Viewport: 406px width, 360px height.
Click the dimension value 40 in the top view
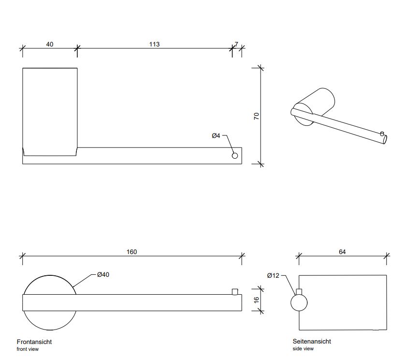coord(50,45)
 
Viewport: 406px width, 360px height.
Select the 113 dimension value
coord(154,45)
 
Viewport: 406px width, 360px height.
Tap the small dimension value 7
coord(236,45)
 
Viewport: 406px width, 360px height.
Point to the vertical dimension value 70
coord(257,116)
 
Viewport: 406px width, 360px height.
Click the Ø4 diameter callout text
coord(216,135)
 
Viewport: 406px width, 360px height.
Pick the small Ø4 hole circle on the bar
coord(235,156)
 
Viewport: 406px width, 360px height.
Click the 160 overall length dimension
coord(131,252)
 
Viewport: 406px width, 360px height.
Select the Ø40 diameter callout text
coord(103,275)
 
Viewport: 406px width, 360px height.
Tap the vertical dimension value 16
coord(257,300)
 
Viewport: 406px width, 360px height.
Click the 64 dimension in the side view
coord(342,252)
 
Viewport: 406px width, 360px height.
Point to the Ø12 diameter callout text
coord(274,275)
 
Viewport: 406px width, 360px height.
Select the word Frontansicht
coord(34,342)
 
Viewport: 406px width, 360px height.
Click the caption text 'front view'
coord(28,349)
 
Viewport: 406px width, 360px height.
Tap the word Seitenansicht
coord(312,342)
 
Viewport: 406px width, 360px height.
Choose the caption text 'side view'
coord(303,349)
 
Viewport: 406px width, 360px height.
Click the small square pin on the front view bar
coord(235,291)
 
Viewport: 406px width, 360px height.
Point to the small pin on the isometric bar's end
coord(382,134)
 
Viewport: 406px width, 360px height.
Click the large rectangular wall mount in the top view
coord(50,111)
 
